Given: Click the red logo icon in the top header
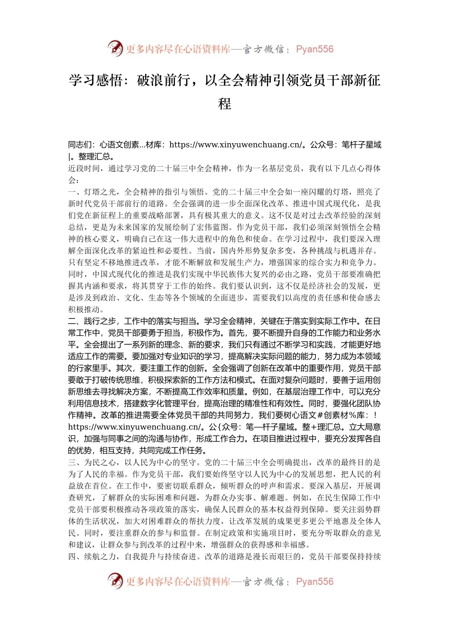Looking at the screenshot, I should point(115,49).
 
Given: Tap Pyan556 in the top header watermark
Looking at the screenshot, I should point(314,49).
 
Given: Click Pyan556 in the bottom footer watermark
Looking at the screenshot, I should point(314,582).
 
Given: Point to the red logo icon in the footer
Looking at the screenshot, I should point(115,581).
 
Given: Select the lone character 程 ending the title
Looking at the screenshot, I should point(224,104).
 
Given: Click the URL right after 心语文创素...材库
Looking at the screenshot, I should point(235,145).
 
